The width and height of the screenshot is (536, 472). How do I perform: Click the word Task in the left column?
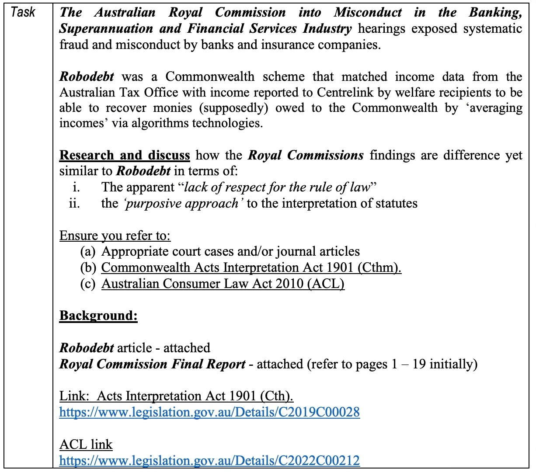tap(23, 12)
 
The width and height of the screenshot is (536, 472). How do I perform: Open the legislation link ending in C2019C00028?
tap(209, 412)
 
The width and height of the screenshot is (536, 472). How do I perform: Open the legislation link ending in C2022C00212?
tap(209, 460)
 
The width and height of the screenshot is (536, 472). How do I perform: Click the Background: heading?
tap(98, 316)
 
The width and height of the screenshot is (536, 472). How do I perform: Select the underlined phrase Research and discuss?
tap(125, 155)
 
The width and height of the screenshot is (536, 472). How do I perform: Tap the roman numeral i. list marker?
tap(76, 187)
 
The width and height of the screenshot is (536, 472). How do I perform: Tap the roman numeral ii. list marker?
tap(74, 203)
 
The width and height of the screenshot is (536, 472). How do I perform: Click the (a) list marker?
tap(88, 251)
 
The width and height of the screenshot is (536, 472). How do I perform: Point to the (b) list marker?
tap(88, 267)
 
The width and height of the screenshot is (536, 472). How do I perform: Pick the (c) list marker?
tap(88, 284)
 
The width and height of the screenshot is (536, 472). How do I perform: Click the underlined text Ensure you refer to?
tap(115, 236)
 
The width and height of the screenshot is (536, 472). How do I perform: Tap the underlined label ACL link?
tap(86, 444)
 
